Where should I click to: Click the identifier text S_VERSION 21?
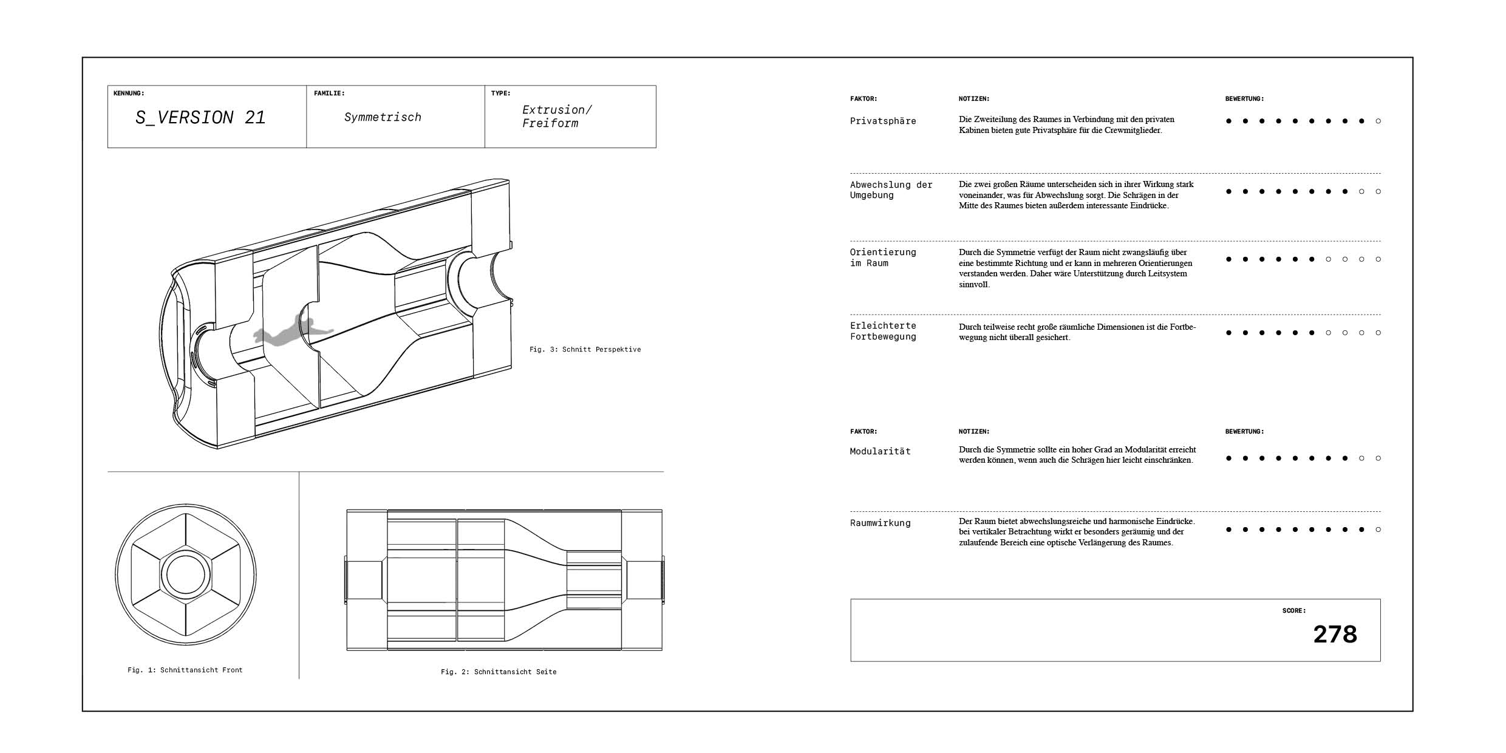[x=200, y=117]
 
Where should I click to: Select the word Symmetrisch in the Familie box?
[x=383, y=117]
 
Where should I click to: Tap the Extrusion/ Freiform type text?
[x=556, y=117]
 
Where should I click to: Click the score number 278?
[x=1335, y=635]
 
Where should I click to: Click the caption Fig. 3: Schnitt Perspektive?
[x=585, y=349]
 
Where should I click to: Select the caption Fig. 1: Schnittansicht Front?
[x=185, y=670]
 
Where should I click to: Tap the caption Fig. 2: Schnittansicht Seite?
[x=499, y=672]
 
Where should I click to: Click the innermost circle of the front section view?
[x=186, y=574]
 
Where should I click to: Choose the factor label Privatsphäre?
[x=883, y=121]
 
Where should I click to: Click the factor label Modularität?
[x=880, y=451]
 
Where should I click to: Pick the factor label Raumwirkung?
[x=880, y=523]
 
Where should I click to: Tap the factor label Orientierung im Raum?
[x=882, y=257]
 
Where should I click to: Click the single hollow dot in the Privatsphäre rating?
[x=1378, y=121]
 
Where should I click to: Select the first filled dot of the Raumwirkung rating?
[x=1228, y=530]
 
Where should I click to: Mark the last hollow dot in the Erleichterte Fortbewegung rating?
[x=1378, y=333]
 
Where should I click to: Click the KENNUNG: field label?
[x=129, y=94]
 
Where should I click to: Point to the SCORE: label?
[x=1293, y=610]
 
